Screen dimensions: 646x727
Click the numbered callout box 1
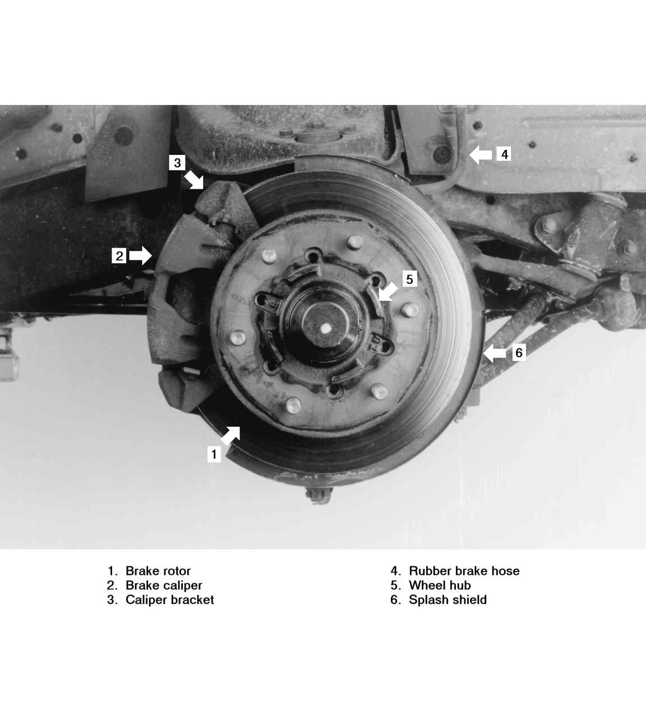(x=214, y=454)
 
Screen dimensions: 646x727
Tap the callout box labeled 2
(x=119, y=255)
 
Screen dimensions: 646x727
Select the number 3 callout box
(x=177, y=163)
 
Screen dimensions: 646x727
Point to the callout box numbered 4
(x=504, y=154)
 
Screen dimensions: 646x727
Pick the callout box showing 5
(x=410, y=279)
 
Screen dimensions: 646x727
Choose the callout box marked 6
(x=519, y=353)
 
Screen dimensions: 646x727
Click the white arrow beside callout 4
(x=481, y=154)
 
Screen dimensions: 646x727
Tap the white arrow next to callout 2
(x=141, y=255)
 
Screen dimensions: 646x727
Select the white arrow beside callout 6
(x=495, y=353)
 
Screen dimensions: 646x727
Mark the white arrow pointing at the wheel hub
(x=388, y=291)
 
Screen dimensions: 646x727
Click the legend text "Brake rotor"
(x=158, y=570)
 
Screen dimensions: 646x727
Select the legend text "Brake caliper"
(x=164, y=586)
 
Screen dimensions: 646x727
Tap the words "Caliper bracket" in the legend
(x=169, y=600)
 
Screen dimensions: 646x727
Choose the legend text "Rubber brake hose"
(x=464, y=570)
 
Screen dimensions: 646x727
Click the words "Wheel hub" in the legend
(x=440, y=586)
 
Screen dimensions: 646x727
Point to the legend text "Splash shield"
(x=447, y=600)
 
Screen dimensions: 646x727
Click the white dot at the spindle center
(x=325, y=328)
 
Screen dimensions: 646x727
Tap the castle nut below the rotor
(x=319, y=495)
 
